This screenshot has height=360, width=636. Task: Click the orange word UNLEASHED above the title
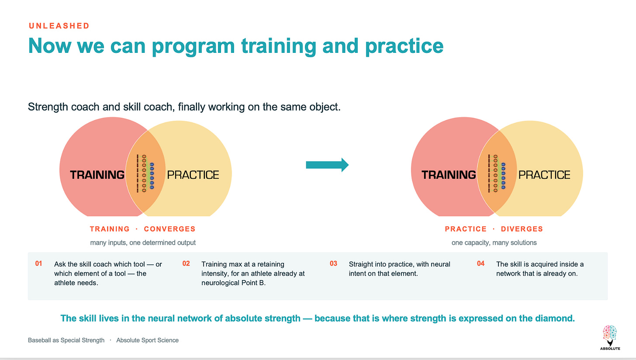59,26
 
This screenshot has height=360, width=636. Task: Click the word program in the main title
194,47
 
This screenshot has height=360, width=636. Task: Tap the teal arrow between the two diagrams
327,165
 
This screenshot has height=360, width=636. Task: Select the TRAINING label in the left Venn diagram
97,175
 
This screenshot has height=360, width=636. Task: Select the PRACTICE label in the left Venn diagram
193,175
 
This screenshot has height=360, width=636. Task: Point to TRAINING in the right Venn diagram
449,175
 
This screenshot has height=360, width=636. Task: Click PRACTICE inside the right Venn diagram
544,175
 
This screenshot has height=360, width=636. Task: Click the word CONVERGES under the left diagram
170,229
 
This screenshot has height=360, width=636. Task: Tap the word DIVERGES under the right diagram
522,229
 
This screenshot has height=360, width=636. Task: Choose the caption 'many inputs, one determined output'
143,243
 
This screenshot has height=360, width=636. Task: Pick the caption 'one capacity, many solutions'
494,243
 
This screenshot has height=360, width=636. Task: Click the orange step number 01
38,263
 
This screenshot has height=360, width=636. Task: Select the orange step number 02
186,263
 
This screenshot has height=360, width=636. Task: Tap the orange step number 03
333,263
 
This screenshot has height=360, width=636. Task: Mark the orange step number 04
480,263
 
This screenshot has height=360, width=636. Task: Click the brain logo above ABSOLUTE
610,335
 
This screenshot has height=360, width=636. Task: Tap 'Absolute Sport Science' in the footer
147,340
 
